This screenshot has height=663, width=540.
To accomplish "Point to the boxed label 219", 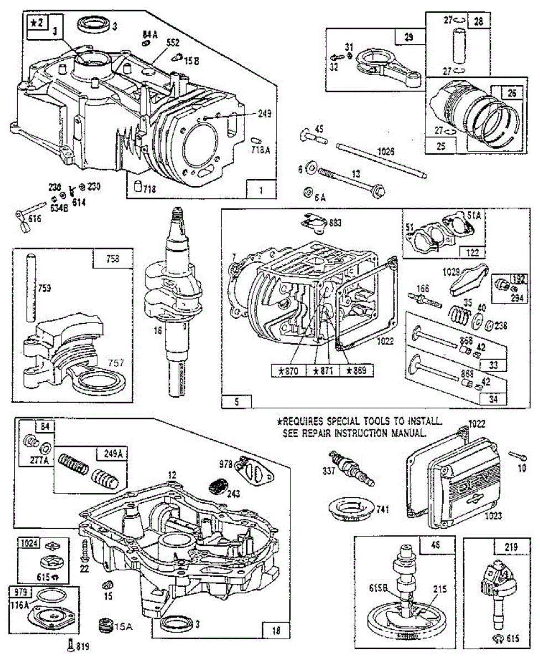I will [x=511, y=548].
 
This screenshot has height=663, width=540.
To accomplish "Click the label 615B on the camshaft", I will [x=381, y=588].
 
